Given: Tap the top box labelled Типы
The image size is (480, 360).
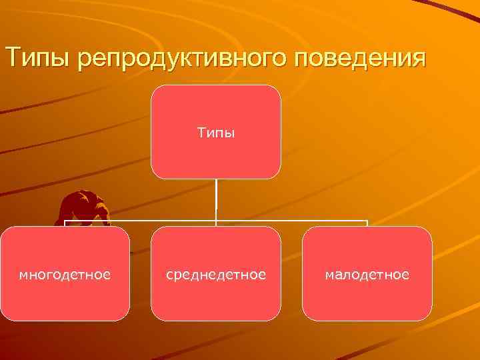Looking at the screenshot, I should point(216,132).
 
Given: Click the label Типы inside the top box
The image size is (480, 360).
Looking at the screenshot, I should point(216,133).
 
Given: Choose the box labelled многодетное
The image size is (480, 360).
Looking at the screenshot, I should point(65,273).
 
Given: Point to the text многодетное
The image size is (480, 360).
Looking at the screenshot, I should point(65,274).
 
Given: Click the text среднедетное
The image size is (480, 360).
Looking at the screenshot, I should point(216,274).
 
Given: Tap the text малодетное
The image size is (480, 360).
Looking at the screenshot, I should point(367,274).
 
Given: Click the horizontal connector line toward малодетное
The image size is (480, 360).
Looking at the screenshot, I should point(300,220).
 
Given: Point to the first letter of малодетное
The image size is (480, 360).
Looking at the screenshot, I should point(329,275).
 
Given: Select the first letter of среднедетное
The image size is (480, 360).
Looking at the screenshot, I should point(170,275).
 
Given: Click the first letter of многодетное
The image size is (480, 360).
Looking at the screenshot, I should point(23,275).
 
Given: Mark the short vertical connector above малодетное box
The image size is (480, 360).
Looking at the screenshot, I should point(367,223).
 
